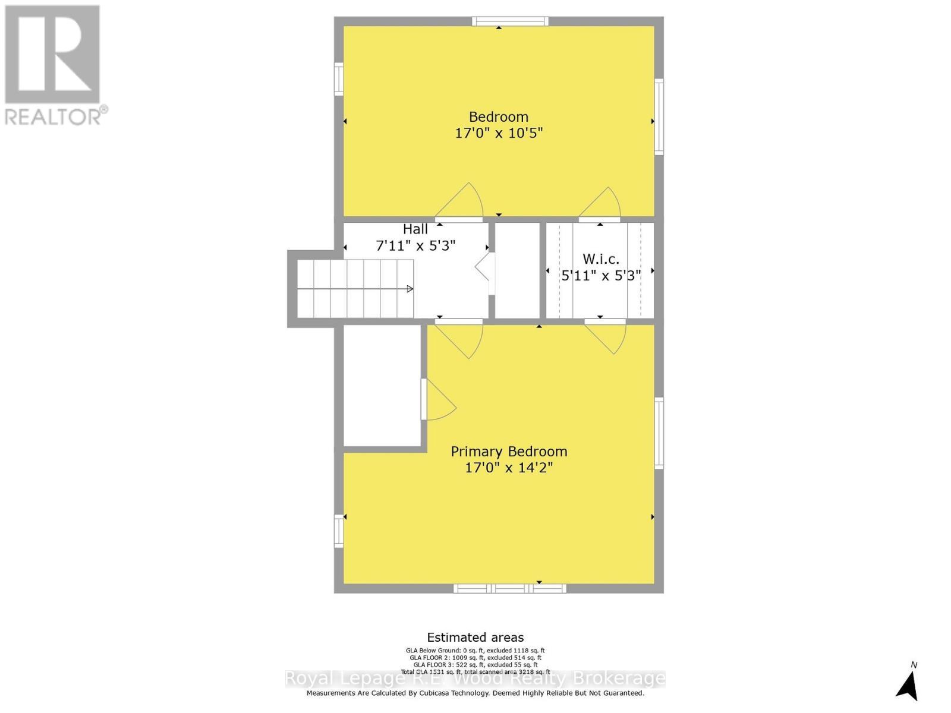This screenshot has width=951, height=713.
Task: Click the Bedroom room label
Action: [x=498, y=117]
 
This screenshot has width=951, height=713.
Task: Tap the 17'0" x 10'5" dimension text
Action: [x=499, y=133]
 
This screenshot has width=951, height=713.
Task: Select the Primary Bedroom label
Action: [x=509, y=452]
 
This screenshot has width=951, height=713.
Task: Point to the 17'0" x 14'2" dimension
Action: [x=509, y=468]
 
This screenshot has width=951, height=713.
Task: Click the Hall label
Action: [x=415, y=229]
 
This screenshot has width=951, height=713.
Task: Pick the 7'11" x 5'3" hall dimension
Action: [x=415, y=245]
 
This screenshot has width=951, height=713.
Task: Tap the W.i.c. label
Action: [x=600, y=259]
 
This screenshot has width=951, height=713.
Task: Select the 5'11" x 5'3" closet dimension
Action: [x=601, y=276]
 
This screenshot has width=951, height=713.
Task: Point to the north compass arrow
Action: [x=908, y=687]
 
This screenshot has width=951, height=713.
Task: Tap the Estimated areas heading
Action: [x=475, y=638]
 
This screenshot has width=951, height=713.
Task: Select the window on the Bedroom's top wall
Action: [x=510, y=22]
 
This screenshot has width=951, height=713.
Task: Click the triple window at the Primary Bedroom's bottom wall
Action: [x=510, y=588]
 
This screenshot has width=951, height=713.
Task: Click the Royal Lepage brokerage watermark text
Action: [x=475, y=678]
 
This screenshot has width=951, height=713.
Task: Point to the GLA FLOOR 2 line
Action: [x=475, y=658]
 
